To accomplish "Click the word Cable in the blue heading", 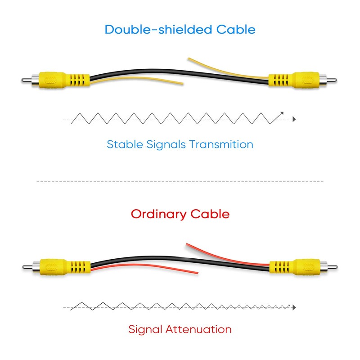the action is (x=236, y=29).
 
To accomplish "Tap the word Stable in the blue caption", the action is (x=125, y=144).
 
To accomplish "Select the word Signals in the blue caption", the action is (x=166, y=145).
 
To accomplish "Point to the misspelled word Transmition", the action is (x=221, y=144).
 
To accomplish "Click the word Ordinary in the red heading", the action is (x=158, y=215).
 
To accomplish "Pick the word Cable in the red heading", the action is (x=210, y=214).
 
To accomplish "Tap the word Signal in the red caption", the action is (x=145, y=330).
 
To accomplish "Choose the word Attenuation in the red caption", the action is (x=198, y=329).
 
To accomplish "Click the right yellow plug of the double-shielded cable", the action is (x=302, y=81).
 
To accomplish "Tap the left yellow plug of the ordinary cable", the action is (x=57, y=267).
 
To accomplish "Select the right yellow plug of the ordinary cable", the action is (x=303, y=267).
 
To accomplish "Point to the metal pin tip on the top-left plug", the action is (x=22, y=80).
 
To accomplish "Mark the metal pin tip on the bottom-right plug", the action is (x=336, y=267).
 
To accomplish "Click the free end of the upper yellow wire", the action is (x=189, y=58).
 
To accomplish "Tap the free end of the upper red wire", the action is (x=187, y=244).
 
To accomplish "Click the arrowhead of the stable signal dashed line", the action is (x=294, y=119).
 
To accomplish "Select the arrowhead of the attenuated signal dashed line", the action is (x=294, y=307).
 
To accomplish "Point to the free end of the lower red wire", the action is (x=198, y=273).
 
